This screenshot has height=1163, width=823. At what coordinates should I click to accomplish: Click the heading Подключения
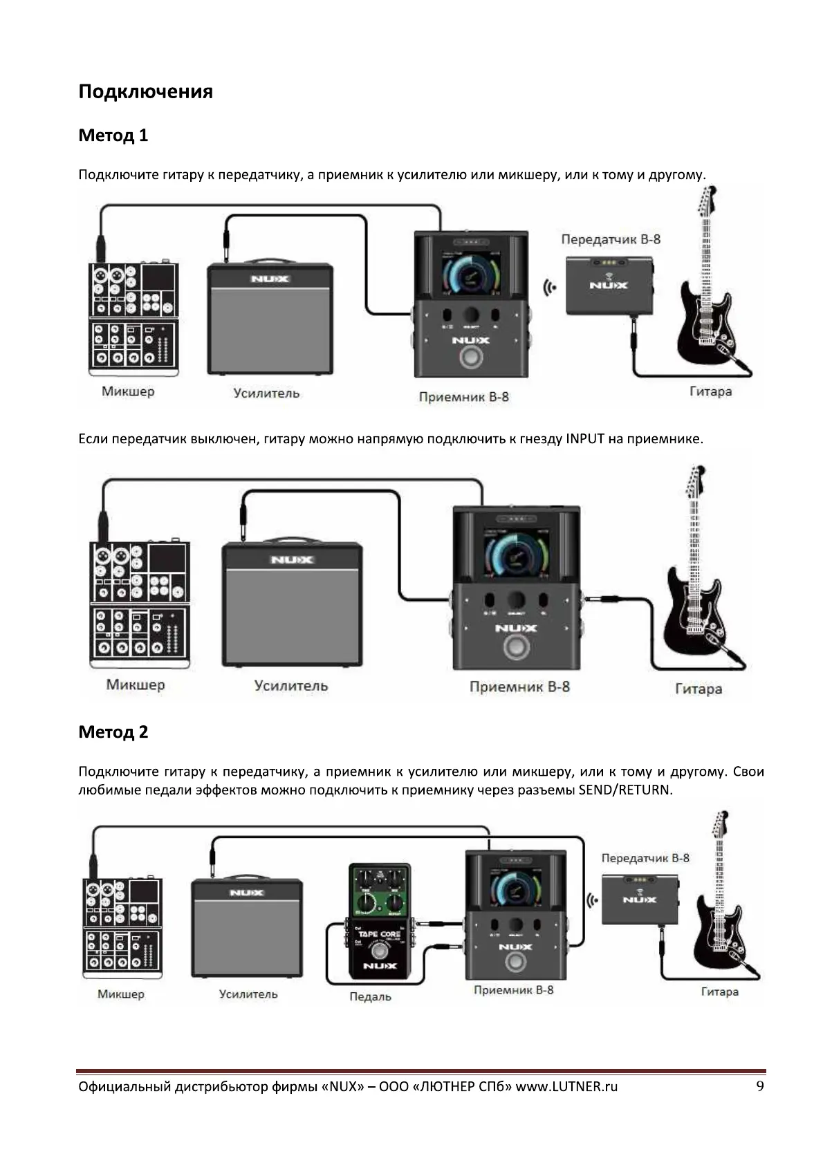(145, 92)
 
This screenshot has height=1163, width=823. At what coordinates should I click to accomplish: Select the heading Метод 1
(113, 136)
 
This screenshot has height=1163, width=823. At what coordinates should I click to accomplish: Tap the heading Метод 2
(113, 732)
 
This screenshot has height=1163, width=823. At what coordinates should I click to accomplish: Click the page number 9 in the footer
(760, 1086)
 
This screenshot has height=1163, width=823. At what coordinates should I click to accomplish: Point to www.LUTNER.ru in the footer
(566, 1087)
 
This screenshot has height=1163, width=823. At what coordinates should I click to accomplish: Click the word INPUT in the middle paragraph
(585, 439)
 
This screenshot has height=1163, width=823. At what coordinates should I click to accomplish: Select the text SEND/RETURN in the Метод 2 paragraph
(625, 790)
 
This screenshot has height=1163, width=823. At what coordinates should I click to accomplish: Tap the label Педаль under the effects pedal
(370, 997)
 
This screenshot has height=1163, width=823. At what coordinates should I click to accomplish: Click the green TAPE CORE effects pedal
(379, 920)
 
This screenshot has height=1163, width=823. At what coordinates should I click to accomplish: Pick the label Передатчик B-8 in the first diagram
(611, 240)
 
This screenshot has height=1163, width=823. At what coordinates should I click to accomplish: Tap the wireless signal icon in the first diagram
(549, 288)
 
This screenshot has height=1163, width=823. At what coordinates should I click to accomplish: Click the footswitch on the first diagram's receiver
(472, 360)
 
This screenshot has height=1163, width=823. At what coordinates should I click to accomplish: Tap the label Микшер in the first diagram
(128, 392)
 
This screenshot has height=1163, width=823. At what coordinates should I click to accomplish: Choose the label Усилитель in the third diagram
(248, 994)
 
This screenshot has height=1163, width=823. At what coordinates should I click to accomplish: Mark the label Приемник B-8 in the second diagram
(519, 687)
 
